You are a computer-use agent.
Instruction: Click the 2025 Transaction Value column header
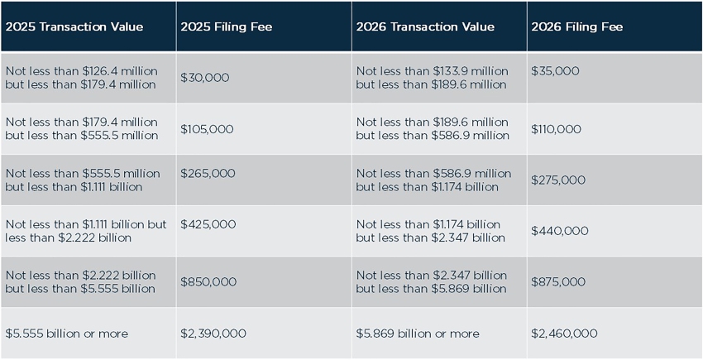tap(74, 26)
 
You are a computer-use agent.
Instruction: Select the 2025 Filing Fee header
tap(226, 26)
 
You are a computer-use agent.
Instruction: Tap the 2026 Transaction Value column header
tap(425, 26)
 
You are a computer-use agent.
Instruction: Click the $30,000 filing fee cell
tap(204, 78)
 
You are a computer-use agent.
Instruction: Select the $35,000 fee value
tap(555, 71)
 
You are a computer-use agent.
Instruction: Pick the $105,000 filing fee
tap(207, 129)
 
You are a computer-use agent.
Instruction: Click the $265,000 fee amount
tap(208, 174)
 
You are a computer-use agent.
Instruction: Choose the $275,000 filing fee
tap(558, 180)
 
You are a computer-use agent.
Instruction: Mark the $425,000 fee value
tap(208, 224)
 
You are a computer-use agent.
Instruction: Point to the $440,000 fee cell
tap(559, 231)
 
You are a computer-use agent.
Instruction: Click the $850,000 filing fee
tap(208, 282)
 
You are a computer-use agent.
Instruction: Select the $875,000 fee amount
tap(558, 282)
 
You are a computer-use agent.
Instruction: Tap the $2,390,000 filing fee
tap(213, 334)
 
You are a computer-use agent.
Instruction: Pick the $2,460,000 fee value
tap(564, 334)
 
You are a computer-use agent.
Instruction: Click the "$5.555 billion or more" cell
tap(67, 334)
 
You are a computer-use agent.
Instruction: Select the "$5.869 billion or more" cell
tap(418, 334)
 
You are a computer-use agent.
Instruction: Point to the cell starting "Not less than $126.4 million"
tap(81, 78)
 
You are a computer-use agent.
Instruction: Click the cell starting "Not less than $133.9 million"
tap(432, 78)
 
